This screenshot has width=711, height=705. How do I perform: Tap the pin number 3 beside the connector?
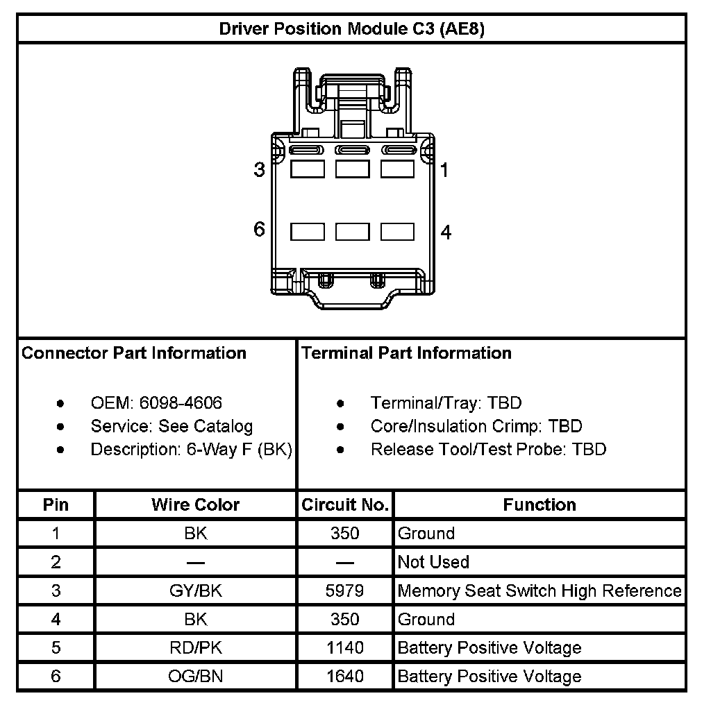coord(259,170)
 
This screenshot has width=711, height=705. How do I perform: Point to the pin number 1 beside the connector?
coord(444,170)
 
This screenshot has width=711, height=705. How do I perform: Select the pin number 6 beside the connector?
coord(259,230)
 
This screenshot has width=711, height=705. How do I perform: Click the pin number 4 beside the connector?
coord(446,232)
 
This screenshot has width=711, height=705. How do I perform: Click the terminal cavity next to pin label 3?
coord(308,169)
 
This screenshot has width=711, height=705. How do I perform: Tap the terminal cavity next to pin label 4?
coord(398,232)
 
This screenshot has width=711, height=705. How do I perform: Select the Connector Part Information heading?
coord(134,353)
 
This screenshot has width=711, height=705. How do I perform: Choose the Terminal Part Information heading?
coord(406,353)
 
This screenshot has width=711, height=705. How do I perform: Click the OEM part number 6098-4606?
coord(181,402)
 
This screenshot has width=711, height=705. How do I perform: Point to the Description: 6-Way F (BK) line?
coord(191,449)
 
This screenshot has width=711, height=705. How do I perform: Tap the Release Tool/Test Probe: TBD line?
coord(488,449)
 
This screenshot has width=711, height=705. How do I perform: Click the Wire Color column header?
coord(195,504)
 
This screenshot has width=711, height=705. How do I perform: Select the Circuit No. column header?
coord(345,504)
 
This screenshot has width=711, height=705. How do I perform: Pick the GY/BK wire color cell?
coord(195,591)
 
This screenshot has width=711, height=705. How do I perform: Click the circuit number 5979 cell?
coord(345,591)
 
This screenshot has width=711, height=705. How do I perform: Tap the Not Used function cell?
coord(433,562)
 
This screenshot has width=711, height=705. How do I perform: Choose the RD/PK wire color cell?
coord(195,648)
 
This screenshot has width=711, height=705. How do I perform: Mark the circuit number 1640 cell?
coord(345,677)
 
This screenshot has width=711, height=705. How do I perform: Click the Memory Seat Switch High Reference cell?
coord(539,591)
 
